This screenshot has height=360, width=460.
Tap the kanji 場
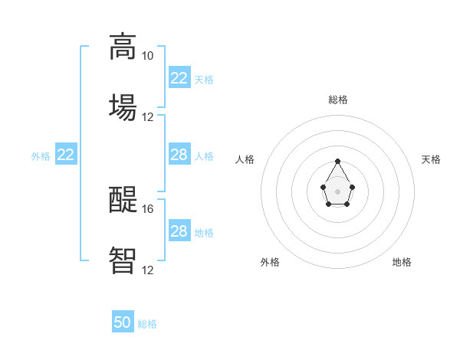pos(123,106)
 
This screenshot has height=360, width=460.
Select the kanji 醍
pos(123,200)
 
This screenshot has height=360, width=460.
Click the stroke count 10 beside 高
pos(147,56)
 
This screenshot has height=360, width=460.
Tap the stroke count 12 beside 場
pos(147,117)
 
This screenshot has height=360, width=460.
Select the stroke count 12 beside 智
pos(147,270)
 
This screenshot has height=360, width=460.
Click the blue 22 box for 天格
pos(179,78)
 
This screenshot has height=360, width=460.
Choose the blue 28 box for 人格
pos(179,155)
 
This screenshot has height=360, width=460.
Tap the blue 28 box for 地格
pos(179,231)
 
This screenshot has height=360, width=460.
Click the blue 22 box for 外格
pos(65,155)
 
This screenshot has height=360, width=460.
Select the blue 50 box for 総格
pos(123,323)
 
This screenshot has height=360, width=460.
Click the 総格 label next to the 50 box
pos(147,324)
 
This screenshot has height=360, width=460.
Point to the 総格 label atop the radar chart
pos(338,100)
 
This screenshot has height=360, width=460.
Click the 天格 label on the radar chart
pos(431,159)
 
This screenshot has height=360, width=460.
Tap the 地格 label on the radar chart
pos(402,262)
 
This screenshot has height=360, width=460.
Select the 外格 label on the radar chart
pos(270,262)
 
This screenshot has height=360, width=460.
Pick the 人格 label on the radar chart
pos(245,159)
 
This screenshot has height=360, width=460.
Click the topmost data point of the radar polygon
pos(338,162)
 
